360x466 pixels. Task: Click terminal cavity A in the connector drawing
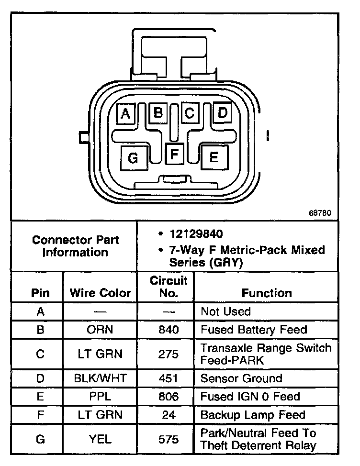click(126, 113)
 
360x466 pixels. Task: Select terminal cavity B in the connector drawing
click(157, 113)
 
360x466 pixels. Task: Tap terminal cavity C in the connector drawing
click(190, 113)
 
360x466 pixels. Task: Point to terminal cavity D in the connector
click(222, 113)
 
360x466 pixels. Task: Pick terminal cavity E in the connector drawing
click(214, 156)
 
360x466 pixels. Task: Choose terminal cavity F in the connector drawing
click(175, 154)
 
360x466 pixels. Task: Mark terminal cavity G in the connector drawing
click(133, 158)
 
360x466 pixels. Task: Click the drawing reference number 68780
click(320, 212)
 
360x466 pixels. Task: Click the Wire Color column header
click(100, 293)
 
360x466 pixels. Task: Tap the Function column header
click(267, 293)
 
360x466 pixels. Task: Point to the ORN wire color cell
click(100, 330)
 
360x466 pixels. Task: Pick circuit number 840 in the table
click(168, 330)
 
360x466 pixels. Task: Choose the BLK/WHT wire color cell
click(100, 378)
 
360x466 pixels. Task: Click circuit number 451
click(168, 378)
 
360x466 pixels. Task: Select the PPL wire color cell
click(100, 396)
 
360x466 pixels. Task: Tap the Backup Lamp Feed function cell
click(253, 414)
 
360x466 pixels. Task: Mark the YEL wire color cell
click(100, 439)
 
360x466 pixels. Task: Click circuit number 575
click(168, 439)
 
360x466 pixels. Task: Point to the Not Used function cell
click(225, 311)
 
